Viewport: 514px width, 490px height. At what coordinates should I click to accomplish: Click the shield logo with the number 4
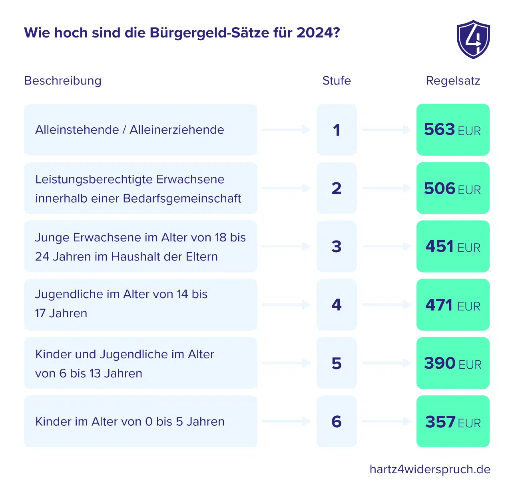point(473,39)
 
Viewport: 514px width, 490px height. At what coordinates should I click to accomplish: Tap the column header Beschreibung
point(63,81)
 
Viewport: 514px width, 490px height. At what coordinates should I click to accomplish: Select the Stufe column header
point(337,81)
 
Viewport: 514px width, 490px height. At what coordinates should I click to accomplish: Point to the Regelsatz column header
point(453,81)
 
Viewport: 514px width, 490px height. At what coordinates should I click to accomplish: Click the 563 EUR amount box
point(453,130)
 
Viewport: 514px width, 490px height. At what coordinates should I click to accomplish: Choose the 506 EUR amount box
point(453,188)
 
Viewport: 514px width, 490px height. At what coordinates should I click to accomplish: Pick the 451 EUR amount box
point(453,246)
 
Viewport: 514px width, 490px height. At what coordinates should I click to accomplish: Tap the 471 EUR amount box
point(453,305)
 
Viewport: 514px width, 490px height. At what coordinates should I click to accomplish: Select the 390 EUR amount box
point(453,363)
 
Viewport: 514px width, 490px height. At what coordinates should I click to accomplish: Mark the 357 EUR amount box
point(453,421)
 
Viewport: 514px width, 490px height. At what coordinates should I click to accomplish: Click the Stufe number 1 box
point(337,130)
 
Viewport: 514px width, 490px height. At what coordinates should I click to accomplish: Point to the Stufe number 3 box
point(337,246)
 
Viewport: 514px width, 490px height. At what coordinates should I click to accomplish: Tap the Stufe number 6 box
point(337,421)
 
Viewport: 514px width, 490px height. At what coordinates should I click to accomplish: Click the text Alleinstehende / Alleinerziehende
point(129,130)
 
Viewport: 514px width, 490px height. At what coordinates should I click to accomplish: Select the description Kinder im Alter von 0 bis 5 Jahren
point(129,421)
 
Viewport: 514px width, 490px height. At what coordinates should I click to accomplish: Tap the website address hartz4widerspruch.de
point(430,469)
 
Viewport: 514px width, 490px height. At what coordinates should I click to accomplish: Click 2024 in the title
point(317,33)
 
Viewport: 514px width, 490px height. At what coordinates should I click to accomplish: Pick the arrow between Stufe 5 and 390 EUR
point(386,363)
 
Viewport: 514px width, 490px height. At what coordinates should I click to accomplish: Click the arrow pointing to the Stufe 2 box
point(286,188)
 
